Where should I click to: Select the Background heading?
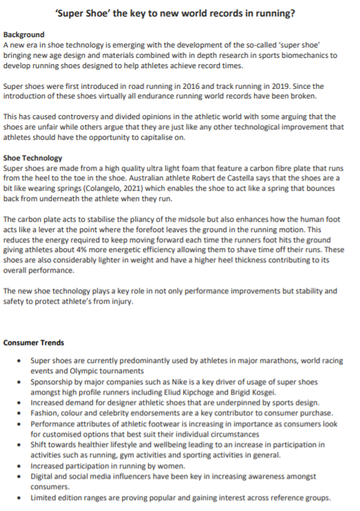point(23,34)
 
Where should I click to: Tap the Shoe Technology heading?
point(33,158)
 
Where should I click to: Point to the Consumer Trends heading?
point(34,342)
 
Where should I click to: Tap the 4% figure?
point(110,249)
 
